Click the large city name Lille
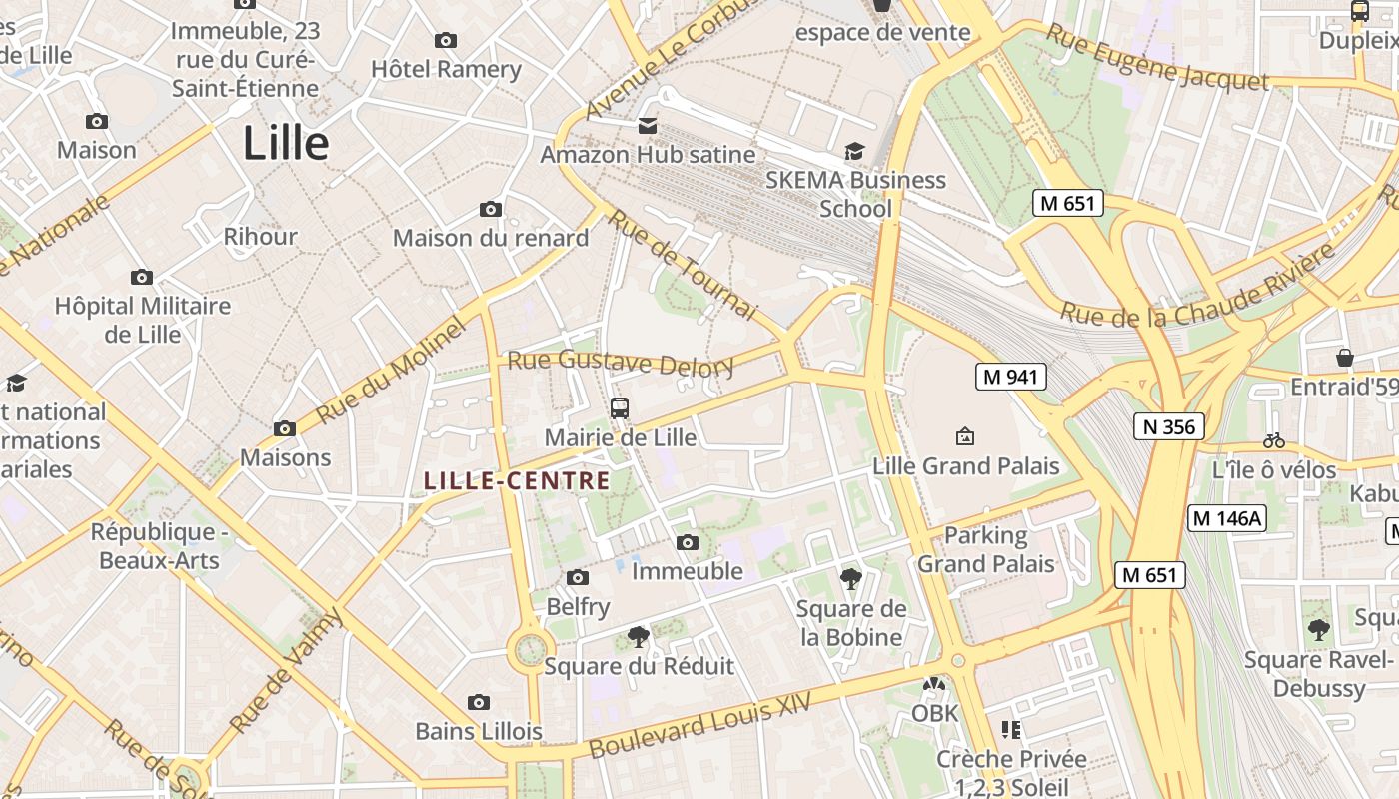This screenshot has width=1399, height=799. pos(286,144)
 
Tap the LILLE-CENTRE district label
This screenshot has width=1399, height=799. pos(517,481)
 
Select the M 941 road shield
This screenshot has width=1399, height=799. pos(1011,377)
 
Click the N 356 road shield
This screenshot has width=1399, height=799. pos(1168,427)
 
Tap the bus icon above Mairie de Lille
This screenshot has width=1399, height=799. pos(620,407)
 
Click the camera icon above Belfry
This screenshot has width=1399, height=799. pos(578,577)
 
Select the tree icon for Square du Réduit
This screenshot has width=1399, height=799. pos(638,636)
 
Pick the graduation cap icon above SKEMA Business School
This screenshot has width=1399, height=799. pos(854,151)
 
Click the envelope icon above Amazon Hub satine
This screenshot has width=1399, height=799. pos(648,126)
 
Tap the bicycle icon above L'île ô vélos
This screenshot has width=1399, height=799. pos(1273,439)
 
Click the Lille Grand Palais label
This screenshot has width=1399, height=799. pos(965,466)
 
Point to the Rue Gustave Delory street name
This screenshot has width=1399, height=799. pos(621,364)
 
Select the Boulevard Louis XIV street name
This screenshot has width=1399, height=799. pos(699,728)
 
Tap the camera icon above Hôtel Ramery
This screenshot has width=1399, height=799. pos(446,40)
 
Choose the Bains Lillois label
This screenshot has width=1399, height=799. pos(479,731)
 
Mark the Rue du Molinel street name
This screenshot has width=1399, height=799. pos(391,371)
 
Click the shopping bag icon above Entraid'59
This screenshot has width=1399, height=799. pos(1345,358)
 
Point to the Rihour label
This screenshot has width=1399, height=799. pos(260,237)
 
